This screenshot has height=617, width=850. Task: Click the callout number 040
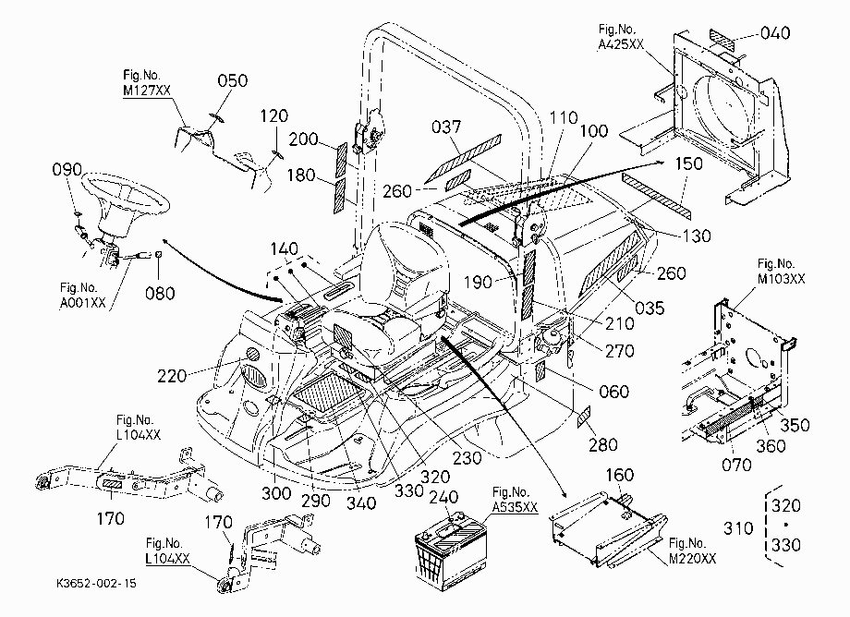[x=775, y=33]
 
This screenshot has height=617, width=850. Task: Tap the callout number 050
[x=233, y=80]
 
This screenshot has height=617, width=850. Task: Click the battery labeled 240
[x=451, y=553]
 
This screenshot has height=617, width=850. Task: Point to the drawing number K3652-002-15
[x=96, y=584]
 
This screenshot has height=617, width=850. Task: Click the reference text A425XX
[x=621, y=44]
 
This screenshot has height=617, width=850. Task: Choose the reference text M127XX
[x=146, y=90]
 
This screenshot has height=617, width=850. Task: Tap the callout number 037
[x=446, y=127]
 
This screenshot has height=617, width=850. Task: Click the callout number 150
[x=688, y=163]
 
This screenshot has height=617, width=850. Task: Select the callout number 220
[x=172, y=375]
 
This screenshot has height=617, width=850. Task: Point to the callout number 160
[x=619, y=475]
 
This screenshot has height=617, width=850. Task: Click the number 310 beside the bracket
[x=738, y=527]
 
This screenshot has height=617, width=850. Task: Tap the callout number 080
[x=160, y=294]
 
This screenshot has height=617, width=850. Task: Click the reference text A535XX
[x=515, y=507]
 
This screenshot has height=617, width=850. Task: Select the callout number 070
[x=736, y=465]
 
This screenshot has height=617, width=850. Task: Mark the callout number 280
[x=602, y=444]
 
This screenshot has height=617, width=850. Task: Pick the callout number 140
[x=284, y=248]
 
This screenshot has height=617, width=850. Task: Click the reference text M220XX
[x=692, y=558]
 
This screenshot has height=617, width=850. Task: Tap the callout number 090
[x=67, y=170]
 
